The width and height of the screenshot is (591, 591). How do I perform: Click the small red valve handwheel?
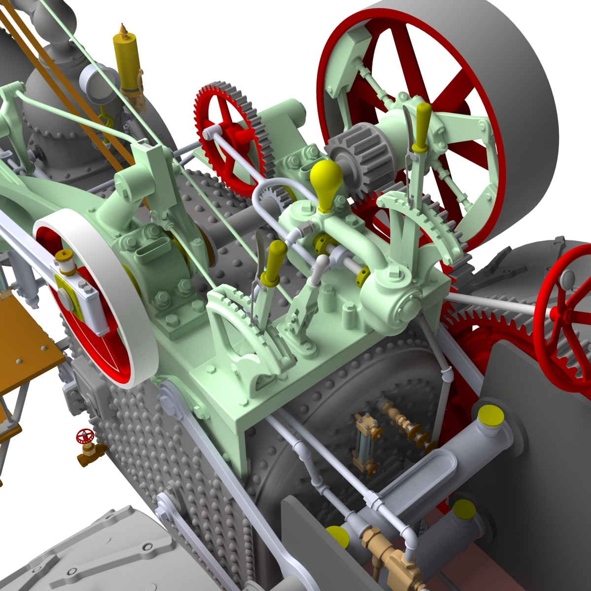[x=85, y=437]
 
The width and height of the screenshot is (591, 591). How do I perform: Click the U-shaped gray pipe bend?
[x=266, y=195]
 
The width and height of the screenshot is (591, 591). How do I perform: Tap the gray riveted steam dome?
[x=54, y=113]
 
